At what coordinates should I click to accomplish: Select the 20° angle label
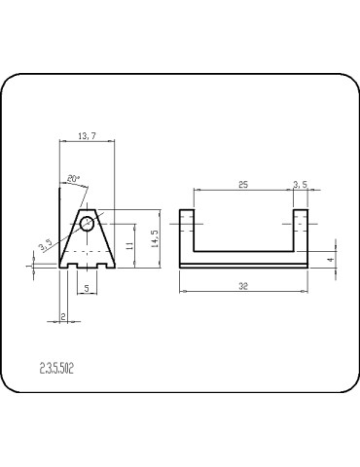point(75,178)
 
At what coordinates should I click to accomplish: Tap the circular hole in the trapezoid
point(90,224)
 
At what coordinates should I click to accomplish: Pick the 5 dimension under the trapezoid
point(87,288)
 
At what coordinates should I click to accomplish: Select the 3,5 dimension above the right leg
point(302,183)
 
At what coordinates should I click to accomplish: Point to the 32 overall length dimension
point(243,286)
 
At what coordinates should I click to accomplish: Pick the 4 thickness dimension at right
point(331,260)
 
